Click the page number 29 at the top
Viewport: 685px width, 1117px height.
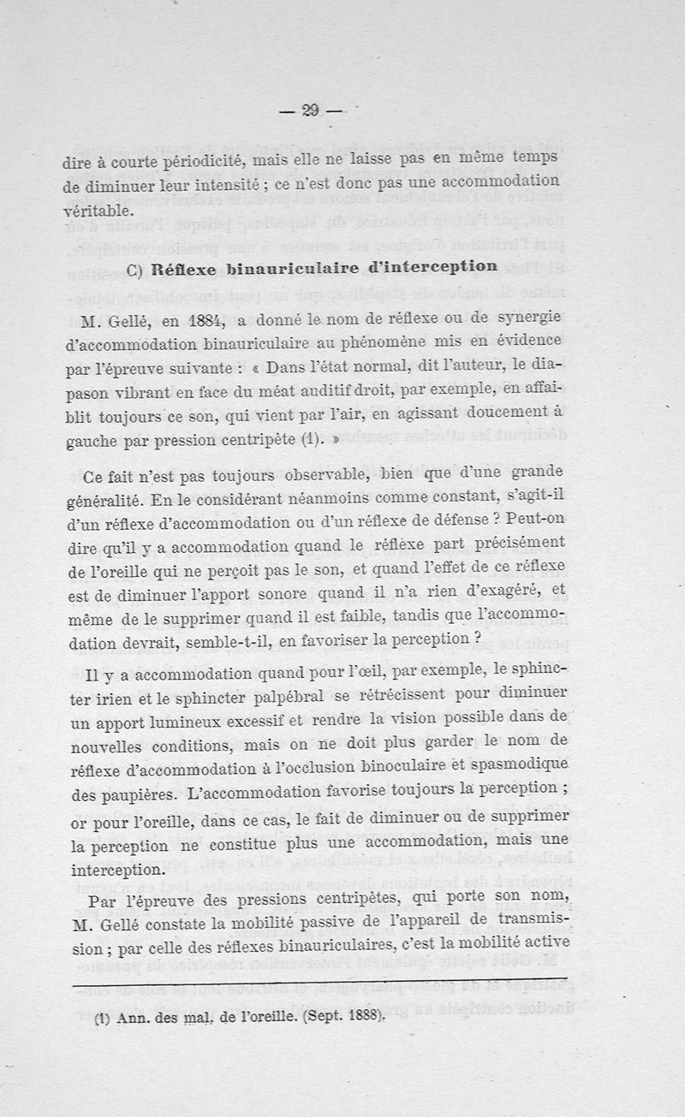pos(310,110)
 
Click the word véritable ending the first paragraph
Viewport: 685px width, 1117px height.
pos(98,210)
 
